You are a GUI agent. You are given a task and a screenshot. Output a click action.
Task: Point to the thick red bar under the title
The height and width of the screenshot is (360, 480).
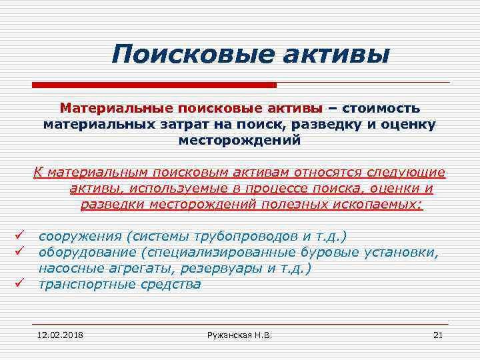click(154, 85)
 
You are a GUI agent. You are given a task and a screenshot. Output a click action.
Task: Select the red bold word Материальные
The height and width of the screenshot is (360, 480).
click(117, 109)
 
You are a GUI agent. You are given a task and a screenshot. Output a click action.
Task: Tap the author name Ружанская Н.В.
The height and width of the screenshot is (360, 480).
click(239, 334)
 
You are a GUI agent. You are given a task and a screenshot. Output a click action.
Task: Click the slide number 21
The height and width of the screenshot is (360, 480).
click(438, 334)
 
